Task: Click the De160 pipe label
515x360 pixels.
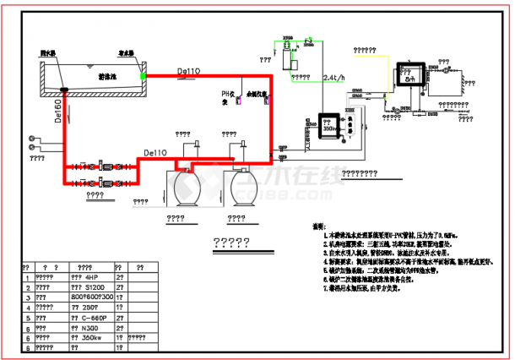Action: point(57,113)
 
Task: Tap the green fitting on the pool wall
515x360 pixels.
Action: point(144,75)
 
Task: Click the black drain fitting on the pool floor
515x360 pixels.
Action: point(64,88)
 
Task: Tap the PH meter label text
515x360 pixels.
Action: point(225,97)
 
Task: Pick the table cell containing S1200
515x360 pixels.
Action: point(90,286)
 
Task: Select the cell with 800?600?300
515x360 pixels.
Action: point(91,297)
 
